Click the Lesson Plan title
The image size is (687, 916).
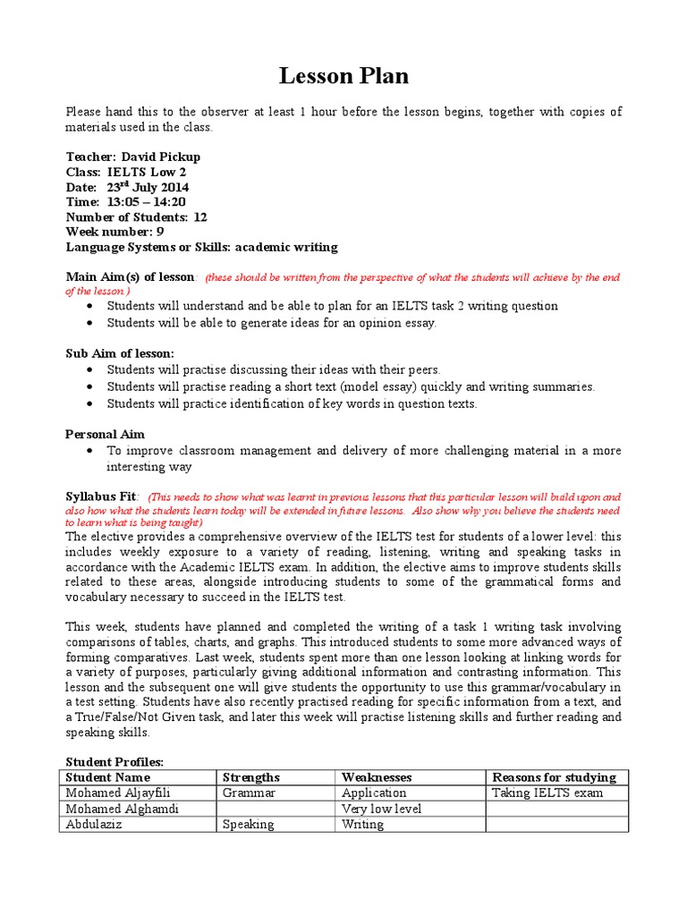tap(343, 77)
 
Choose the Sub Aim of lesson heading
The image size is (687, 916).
tap(120, 353)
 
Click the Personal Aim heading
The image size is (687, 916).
tap(105, 434)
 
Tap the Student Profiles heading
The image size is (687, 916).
tap(114, 761)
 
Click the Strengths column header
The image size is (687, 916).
tap(251, 777)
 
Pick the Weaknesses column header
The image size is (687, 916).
tap(377, 777)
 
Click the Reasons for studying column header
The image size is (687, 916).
tap(554, 777)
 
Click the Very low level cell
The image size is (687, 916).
tap(381, 809)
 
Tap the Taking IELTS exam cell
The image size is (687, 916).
tap(547, 793)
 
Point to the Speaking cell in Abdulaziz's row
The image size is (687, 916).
tap(249, 825)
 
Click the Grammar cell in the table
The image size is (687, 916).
tap(250, 793)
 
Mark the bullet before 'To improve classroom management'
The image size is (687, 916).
tap(92, 451)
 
